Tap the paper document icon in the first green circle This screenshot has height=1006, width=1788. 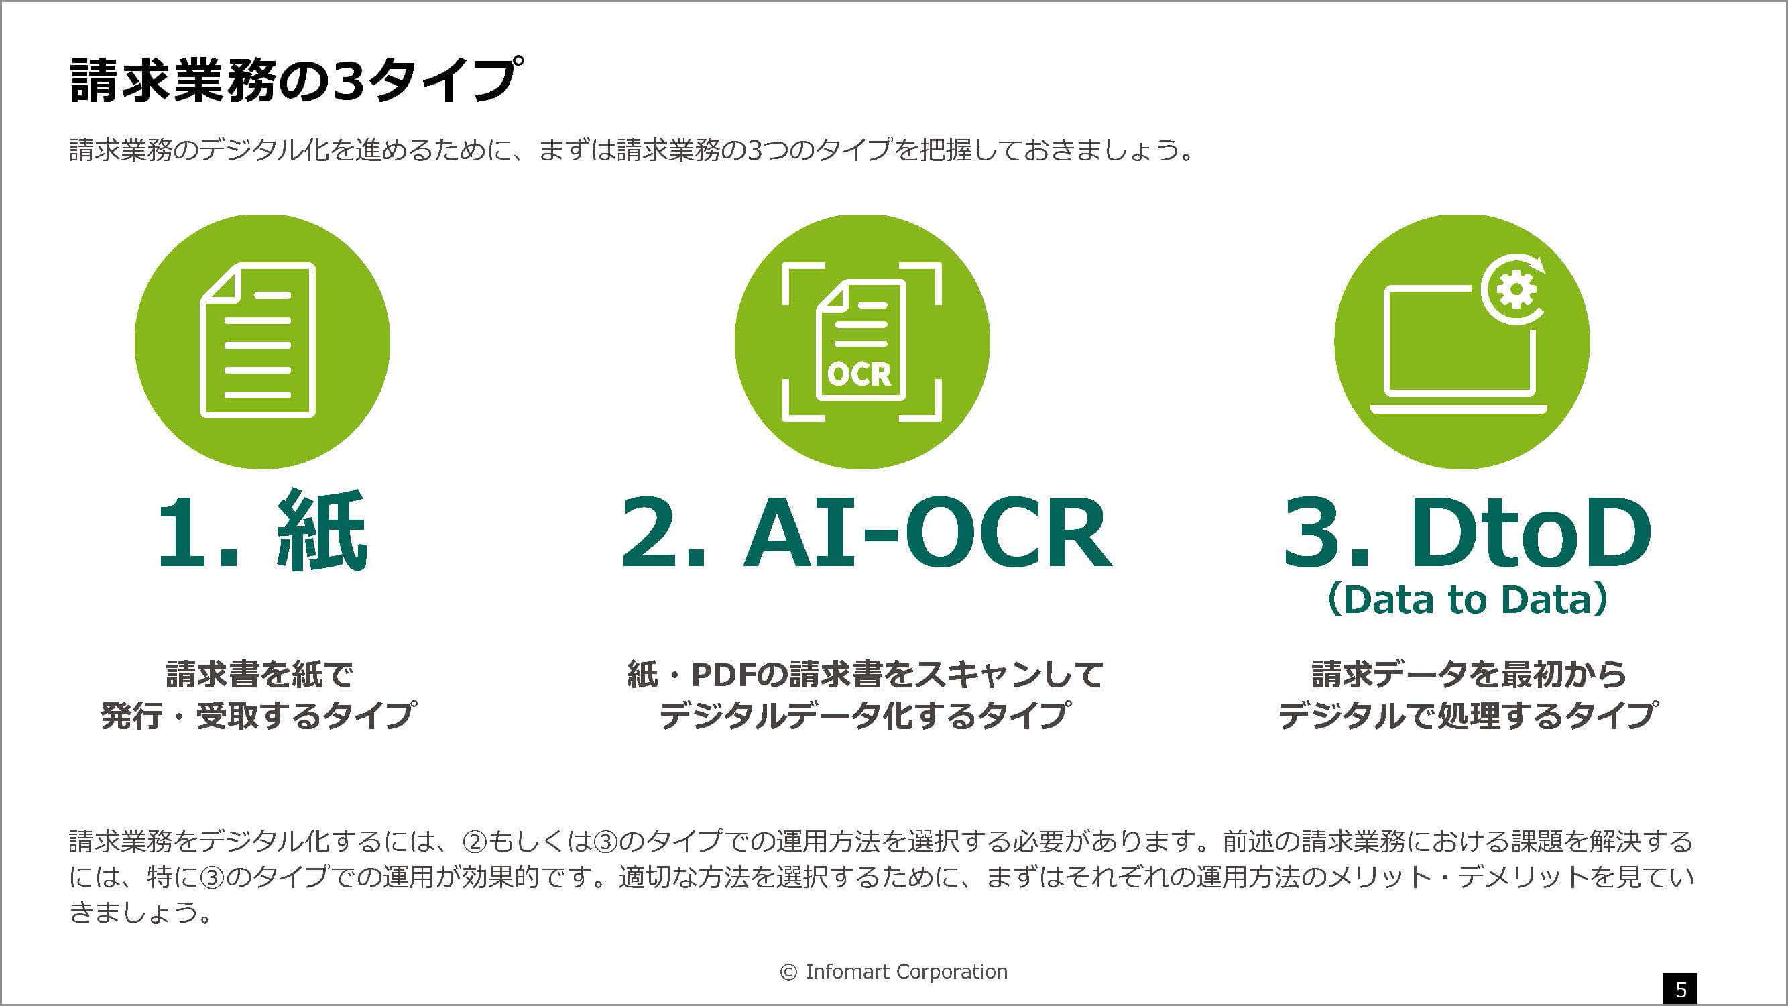tap(258, 340)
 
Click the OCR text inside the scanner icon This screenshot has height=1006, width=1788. tap(859, 375)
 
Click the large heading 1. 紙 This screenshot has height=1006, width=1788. tap(261, 531)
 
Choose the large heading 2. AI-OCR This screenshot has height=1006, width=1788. tap(866, 533)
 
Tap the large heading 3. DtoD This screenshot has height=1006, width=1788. tap(1467, 533)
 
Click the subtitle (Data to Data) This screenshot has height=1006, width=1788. tap(1468, 599)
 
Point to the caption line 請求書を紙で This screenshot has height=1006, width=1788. tap(259, 674)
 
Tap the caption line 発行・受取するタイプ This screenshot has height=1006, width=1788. tap(259, 715)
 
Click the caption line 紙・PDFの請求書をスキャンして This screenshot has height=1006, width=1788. tap(865, 674)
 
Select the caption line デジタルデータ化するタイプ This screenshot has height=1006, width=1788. tap(865, 715)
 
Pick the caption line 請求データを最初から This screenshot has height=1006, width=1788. tap(1469, 674)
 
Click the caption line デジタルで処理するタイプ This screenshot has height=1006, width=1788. tap(1469, 715)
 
